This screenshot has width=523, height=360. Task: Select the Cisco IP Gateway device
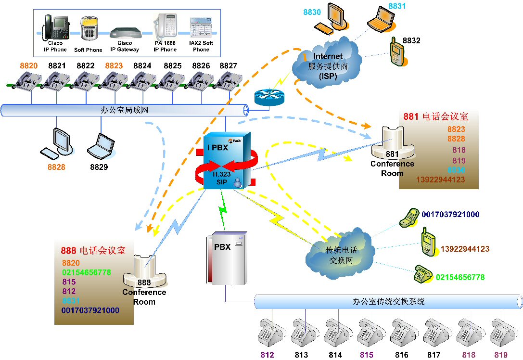[x=125, y=33]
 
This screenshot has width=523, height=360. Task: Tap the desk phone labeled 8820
[x=28, y=80]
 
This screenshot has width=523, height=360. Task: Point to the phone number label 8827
[x=228, y=65]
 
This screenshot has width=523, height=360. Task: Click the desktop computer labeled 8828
[x=57, y=142]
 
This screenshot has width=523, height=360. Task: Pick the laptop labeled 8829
[x=101, y=145]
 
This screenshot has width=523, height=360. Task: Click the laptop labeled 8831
[x=379, y=23]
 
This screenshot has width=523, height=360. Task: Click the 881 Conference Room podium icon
[x=392, y=141]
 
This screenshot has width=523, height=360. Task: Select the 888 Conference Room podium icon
[x=144, y=270]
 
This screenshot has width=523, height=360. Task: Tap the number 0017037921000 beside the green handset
[x=450, y=215]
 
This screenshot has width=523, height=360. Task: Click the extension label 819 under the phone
[x=500, y=355]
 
